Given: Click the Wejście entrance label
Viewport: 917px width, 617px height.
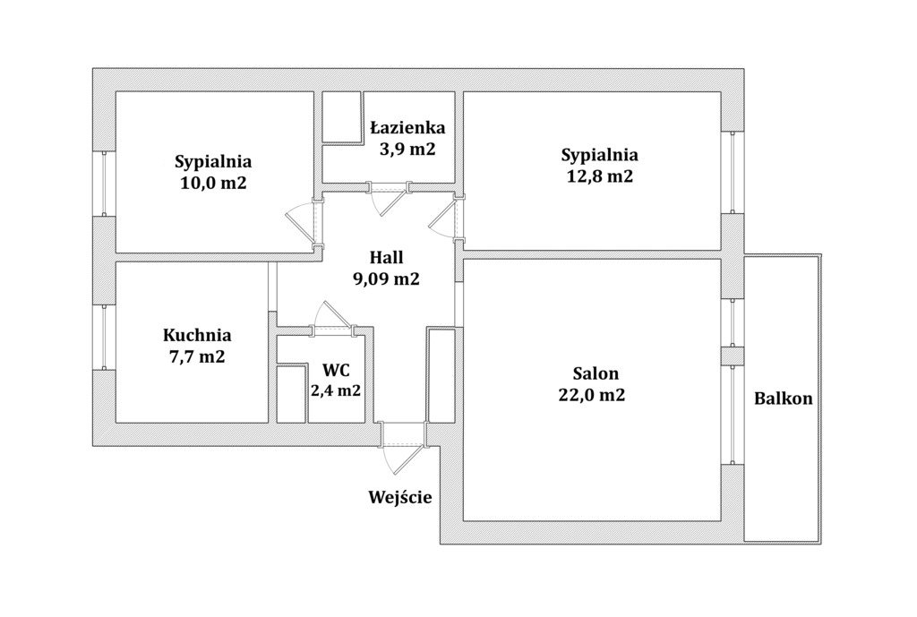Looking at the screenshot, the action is tap(400, 497).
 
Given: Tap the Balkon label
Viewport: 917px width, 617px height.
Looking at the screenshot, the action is tap(783, 398).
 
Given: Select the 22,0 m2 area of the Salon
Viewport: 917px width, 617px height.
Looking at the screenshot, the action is tap(592, 395).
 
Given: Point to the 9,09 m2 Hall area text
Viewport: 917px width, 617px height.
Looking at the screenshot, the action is tap(386, 279).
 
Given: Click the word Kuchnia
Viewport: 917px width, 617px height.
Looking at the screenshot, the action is tap(197, 335).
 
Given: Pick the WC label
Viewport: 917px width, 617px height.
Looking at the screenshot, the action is tap(336, 370).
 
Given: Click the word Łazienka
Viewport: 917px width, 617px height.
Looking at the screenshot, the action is tap(408, 127).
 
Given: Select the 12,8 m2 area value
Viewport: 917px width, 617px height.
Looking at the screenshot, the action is tap(599, 176).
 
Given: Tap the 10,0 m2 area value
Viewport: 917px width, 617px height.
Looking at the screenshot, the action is tap(213, 183).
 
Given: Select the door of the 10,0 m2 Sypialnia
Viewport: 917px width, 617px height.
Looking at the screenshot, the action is tap(303, 221).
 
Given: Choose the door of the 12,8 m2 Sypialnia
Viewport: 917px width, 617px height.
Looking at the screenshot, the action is tap(444, 218).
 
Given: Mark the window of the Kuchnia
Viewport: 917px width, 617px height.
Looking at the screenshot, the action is tap(104, 337).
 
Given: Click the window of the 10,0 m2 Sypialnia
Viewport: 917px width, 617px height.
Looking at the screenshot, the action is tap(104, 183).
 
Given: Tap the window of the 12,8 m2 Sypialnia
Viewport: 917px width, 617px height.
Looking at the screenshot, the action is tap(733, 172).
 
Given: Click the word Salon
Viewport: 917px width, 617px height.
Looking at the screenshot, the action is tap(596, 373).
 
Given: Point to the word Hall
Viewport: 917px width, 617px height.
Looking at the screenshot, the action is tap(387, 257).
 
